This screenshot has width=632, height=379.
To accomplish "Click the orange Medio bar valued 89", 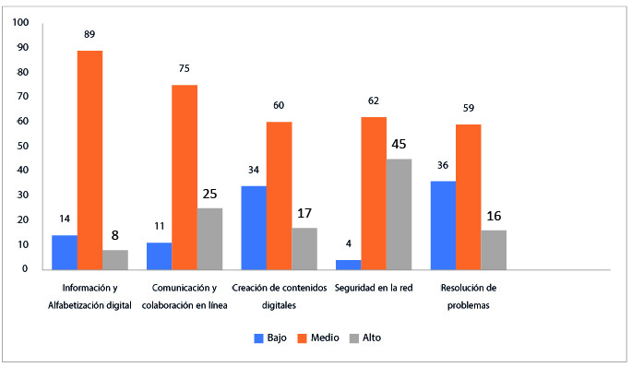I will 89,160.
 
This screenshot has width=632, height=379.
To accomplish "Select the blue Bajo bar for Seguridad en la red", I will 348,265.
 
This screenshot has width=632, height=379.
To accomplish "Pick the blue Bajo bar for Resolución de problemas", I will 444,225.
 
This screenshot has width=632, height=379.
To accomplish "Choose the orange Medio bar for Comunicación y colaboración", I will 185,177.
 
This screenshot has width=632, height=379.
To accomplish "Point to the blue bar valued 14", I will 64,252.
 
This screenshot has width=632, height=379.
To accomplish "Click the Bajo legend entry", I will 272,338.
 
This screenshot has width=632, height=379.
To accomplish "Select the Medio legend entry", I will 321,338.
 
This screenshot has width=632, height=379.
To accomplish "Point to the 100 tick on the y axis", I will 20,22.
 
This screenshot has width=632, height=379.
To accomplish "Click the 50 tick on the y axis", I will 23,146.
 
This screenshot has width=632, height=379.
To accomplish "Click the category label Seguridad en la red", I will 373,288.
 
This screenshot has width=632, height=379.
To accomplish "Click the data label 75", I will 185,67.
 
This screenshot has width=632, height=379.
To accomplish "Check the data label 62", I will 373,101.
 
